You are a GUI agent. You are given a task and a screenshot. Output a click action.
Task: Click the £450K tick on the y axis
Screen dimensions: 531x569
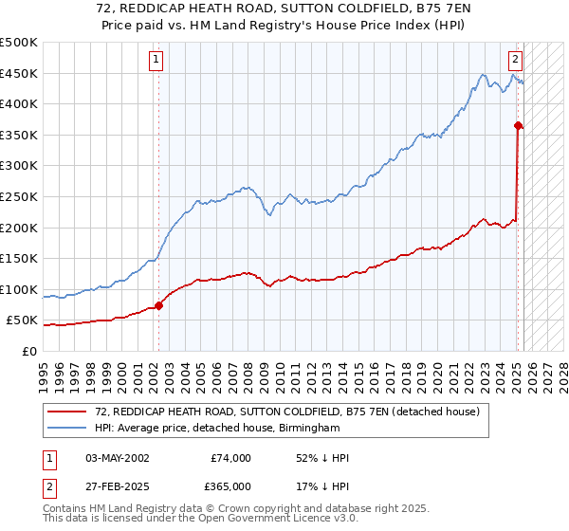[x=19, y=73]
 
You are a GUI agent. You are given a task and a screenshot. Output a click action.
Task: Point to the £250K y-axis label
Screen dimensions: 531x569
[x=19, y=196]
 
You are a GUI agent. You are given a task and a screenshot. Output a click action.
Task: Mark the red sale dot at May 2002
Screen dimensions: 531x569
[x=158, y=305]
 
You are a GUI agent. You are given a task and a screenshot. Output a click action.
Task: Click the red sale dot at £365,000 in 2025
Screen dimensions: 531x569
[x=518, y=125]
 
